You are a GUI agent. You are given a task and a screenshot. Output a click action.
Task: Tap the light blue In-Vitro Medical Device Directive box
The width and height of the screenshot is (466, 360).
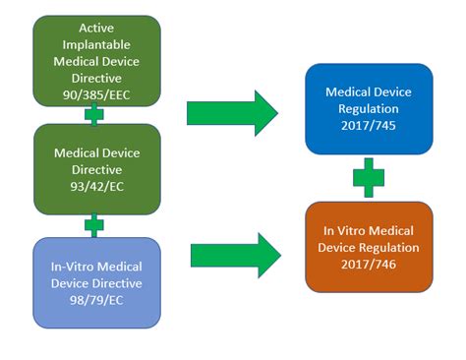click(96, 281)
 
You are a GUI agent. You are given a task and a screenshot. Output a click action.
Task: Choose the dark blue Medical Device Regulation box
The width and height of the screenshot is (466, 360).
click(369, 108)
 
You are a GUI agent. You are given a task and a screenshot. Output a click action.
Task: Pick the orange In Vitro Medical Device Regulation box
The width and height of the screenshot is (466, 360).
click(369, 246)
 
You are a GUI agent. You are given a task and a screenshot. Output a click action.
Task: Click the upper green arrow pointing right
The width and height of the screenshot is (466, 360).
click(232, 112)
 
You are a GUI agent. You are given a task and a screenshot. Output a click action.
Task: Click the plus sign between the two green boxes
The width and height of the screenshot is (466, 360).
click(94, 115)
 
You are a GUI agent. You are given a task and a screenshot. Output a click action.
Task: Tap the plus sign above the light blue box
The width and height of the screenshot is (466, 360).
click(94, 226)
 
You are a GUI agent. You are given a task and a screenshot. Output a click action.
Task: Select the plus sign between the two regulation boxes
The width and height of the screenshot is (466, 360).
click(369, 178)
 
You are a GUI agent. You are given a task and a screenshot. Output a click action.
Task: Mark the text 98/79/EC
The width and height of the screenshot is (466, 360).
click(96, 300)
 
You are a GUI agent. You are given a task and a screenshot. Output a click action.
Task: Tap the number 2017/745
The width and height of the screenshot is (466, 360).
click(369, 127)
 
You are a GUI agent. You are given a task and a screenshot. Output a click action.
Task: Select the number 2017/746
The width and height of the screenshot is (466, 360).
click(369, 265)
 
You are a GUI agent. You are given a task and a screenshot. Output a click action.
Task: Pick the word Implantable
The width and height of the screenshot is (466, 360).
click(96, 43)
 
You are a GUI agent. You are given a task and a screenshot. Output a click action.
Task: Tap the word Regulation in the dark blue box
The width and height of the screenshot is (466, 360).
click(369, 109)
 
